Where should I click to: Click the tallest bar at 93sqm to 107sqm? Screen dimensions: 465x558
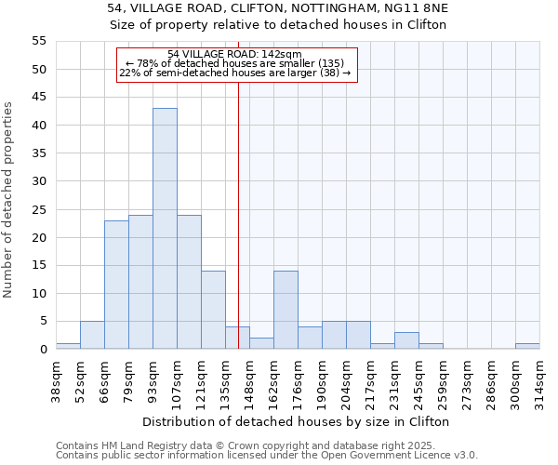165,229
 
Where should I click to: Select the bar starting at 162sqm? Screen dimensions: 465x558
286,310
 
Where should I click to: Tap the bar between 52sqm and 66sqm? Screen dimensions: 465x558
92,335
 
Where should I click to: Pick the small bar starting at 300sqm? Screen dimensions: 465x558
527,346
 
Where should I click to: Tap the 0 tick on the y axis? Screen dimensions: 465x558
42,350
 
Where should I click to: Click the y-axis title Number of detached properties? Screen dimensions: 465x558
9,200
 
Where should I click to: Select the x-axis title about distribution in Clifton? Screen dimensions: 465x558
297,421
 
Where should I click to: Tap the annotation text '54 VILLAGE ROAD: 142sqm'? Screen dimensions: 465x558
235,55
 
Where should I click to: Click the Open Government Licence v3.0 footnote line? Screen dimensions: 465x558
266,456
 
